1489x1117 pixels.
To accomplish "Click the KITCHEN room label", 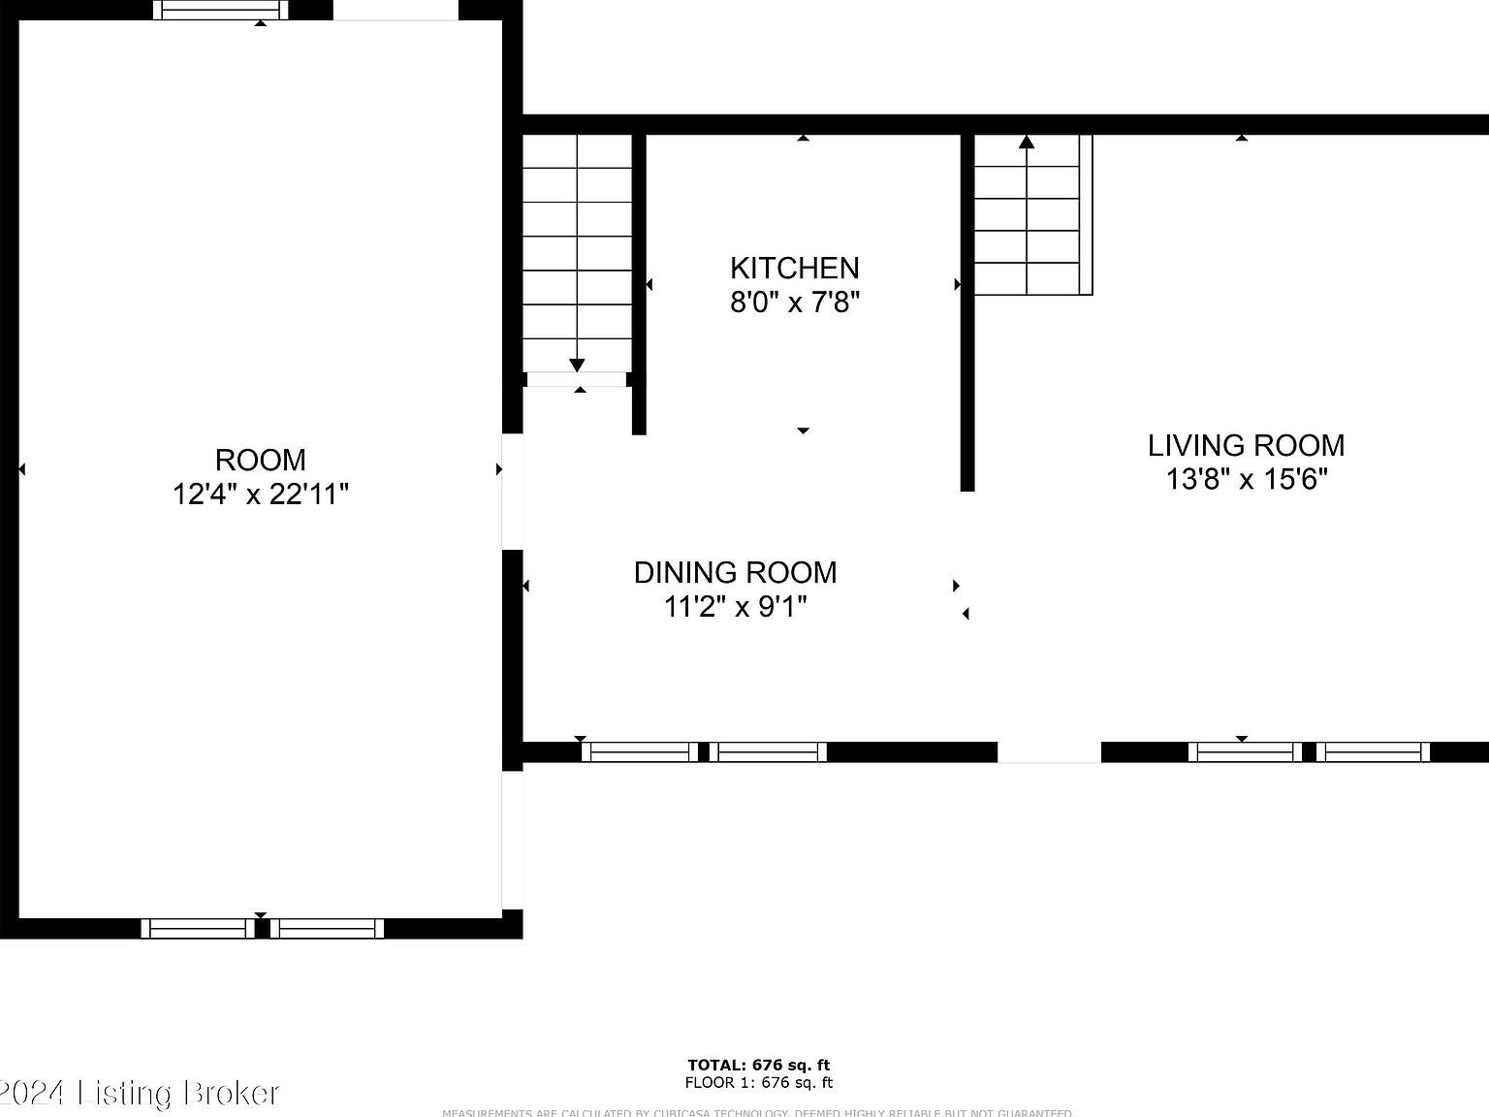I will [794, 268].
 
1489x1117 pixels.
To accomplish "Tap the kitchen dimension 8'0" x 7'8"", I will [794, 303].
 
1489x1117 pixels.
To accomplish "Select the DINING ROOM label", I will [735, 572].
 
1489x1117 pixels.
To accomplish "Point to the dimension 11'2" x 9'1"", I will [735, 607].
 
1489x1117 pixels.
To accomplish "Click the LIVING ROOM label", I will [1246, 445].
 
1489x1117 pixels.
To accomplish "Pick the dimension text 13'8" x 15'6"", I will [1246, 479].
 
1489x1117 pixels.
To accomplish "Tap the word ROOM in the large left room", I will [260, 460].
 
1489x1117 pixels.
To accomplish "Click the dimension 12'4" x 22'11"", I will [260, 495].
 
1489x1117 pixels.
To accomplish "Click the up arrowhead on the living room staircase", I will [1027, 143].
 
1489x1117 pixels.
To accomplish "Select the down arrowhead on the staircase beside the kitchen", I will [577, 365].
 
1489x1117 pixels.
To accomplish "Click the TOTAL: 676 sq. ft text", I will [758, 1065].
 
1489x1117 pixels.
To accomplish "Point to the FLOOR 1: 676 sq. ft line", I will [758, 1083].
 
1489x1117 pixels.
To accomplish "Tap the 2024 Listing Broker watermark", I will [141, 1094].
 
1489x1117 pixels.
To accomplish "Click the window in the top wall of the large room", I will [221, 10].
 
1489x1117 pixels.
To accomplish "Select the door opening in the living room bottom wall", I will [1049, 751].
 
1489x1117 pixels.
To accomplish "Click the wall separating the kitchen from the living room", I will [966, 310].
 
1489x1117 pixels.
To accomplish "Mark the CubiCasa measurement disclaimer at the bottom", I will [758, 1112].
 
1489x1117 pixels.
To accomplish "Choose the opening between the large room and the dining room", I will [512, 492].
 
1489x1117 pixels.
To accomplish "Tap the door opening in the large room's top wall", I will [396, 10].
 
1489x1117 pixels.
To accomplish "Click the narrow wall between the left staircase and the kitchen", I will [639, 281].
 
